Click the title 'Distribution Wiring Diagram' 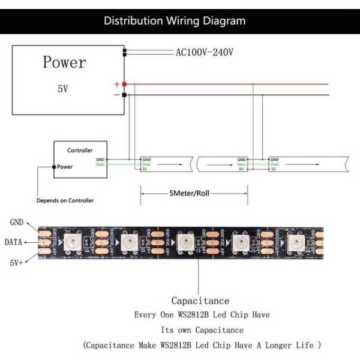click(x=175, y=21)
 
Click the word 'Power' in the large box click(x=64, y=62)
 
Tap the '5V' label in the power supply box click(x=62, y=88)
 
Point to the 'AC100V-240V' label click(x=205, y=52)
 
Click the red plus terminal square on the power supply click(x=124, y=85)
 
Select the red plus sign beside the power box click(x=117, y=85)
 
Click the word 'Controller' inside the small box click(x=80, y=150)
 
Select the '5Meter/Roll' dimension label click(x=190, y=193)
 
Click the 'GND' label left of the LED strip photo click(x=17, y=222)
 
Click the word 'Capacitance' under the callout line click(x=200, y=300)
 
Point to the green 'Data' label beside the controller click(x=100, y=164)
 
